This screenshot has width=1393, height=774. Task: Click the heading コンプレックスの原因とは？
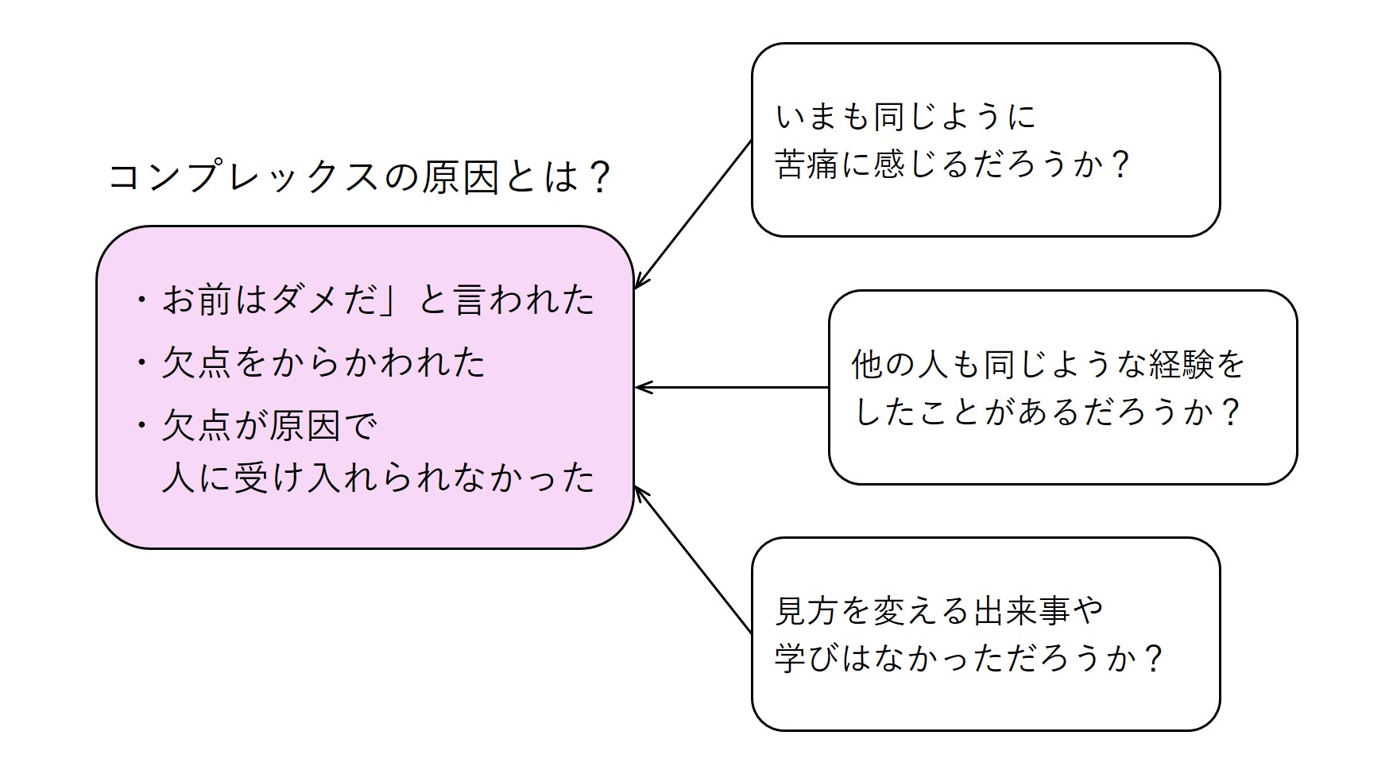[359, 177]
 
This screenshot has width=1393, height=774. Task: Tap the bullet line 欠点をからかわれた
[323, 363]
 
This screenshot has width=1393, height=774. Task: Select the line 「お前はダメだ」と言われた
[378, 300]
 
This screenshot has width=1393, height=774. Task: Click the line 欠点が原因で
[270, 427]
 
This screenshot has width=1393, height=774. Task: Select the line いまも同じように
[906, 118]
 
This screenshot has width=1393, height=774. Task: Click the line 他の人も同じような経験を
[1048, 365]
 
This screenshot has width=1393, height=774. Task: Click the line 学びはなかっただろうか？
[970, 659]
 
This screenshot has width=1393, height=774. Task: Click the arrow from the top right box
[693, 214]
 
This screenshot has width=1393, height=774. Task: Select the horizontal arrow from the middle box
[732, 388]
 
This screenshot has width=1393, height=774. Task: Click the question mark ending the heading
[601, 177]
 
